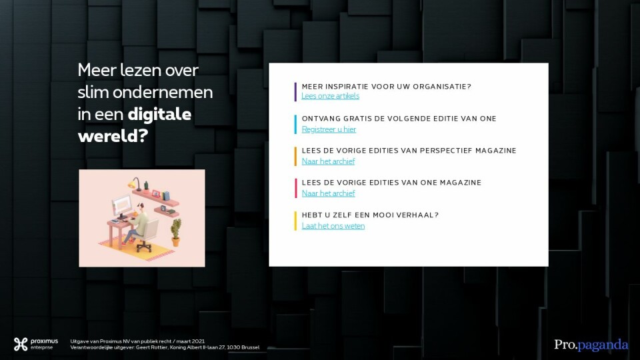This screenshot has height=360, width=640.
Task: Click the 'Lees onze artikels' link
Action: (330, 96)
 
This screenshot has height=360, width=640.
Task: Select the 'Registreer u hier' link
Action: (329, 129)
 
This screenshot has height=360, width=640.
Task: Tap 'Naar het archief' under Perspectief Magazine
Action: (328, 161)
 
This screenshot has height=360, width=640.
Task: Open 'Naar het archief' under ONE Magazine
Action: (328, 193)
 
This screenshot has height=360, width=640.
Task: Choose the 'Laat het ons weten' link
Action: (333, 226)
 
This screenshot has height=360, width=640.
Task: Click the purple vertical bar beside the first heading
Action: (295, 92)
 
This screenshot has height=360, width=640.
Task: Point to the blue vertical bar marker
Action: (295, 125)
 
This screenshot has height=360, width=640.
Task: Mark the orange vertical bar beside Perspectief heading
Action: (295, 156)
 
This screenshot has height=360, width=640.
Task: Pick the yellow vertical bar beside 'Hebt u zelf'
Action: (295, 221)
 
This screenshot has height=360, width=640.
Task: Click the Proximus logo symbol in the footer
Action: (21, 344)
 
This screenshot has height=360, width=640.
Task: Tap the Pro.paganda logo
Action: (591, 345)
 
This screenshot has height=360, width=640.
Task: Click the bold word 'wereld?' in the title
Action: (113, 136)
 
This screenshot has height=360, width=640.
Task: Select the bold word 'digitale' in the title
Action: (159, 114)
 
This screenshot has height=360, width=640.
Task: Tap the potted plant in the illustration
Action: (176, 232)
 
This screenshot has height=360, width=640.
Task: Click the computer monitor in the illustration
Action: (121, 206)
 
